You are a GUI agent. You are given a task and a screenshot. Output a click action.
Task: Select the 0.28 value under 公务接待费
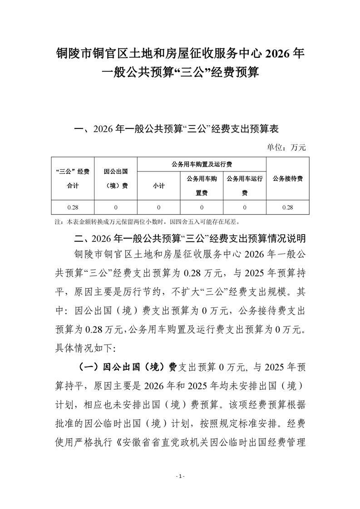tap(287, 207)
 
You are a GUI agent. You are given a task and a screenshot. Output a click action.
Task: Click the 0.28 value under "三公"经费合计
tap(73, 207)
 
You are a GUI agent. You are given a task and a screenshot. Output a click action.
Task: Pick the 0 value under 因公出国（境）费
tap(116, 207)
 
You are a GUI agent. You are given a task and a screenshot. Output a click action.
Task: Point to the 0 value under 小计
tap(159, 207)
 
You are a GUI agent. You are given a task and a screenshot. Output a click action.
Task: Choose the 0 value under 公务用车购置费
tap(202, 207)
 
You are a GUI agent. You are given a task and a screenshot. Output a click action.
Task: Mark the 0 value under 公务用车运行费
tap(245, 207)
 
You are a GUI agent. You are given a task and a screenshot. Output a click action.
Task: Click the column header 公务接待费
tap(287, 178)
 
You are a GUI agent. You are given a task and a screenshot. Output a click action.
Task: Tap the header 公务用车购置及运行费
tap(202, 164)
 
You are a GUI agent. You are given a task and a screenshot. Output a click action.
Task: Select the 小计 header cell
tap(159, 186)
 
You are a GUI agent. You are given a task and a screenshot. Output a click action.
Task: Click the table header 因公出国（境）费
tap(116, 178)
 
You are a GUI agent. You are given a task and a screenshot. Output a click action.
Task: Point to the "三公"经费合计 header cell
tap(73, 178)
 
